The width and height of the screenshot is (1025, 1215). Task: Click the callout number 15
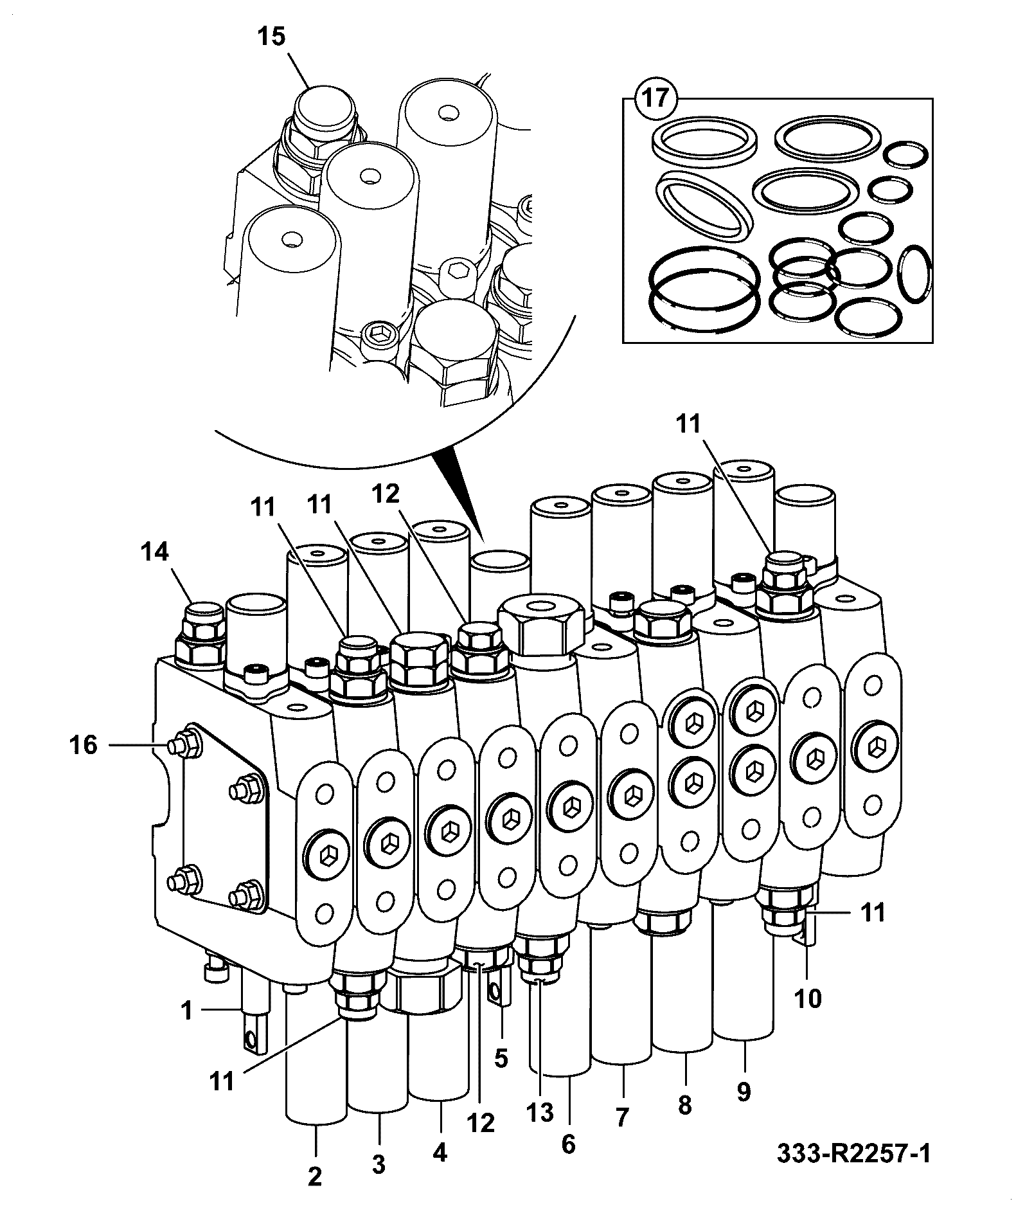click(272, 37)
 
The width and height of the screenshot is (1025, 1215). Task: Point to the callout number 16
click(84, 746)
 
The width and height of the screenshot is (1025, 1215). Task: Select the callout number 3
click(379, 1164)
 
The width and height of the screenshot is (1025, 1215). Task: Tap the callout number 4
click(440, 1153)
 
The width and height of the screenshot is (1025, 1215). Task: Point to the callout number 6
click(569, 1144)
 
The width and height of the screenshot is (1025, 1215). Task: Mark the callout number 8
click(685, 1106)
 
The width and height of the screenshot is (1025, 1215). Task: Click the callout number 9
click(744, 1092)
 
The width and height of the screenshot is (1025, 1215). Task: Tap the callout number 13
click(540, 1112)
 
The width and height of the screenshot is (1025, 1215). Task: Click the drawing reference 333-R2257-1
click(853, 1155)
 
